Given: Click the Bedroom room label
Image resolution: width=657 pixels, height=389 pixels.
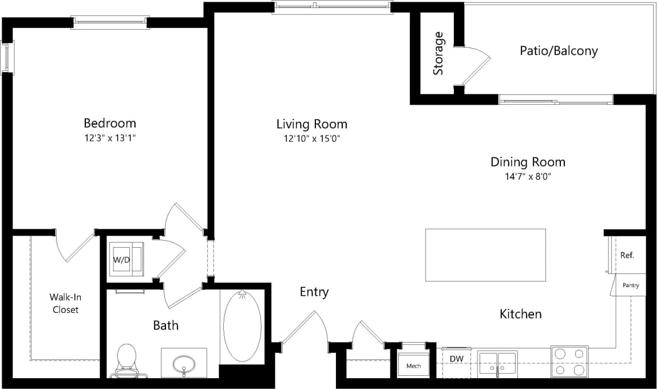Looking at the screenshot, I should [x=110, y=123].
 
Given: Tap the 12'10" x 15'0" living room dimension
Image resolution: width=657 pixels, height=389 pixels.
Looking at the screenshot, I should [x=312, y=138].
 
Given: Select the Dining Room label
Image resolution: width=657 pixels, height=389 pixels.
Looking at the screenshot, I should [x=528, y=162].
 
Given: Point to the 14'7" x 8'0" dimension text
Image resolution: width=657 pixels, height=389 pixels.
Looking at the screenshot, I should [x=528, y=177].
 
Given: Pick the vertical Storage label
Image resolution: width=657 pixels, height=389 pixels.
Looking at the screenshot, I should [x=438, y=53].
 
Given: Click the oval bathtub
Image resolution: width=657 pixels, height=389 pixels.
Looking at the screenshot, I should [x=242, y=326].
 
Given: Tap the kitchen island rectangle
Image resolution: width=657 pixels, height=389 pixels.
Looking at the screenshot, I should [x=485, y=255].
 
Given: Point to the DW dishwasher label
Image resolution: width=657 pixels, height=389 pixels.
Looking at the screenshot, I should [x=457, y=359].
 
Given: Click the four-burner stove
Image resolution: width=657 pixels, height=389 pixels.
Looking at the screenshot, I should [x=569, y=362].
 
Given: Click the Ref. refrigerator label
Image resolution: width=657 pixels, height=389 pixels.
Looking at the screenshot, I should [x=627, y=255].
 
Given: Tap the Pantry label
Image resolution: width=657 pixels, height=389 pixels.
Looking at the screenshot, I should [x=631, y=285].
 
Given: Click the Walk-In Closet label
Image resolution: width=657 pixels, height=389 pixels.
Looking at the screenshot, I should [x=64, y=303].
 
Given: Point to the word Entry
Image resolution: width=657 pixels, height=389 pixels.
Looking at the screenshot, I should [x=314, y=292].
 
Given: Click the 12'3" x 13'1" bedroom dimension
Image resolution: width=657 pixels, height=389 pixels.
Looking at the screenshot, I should [x=110, y=138].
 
